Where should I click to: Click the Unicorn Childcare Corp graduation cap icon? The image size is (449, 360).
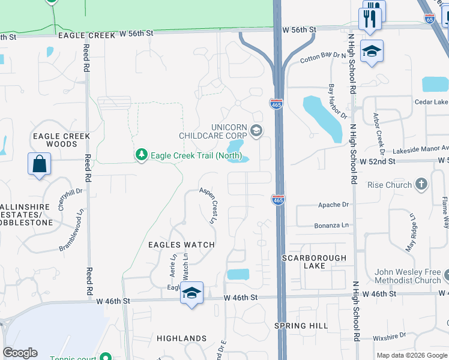click(x=256, y=131)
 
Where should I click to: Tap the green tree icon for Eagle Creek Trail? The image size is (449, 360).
click(x=142, y=155)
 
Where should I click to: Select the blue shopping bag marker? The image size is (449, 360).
click(x=39, y=164)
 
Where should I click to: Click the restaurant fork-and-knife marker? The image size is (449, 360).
click(x=370, y=19)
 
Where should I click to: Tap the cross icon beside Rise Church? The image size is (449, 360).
click(x=421, y=184)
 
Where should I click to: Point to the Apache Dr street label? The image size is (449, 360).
click(x=333, y=205)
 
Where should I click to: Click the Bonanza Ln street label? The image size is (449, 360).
click(x=331, y=226)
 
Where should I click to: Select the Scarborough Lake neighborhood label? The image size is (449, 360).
click(x=315, y=262)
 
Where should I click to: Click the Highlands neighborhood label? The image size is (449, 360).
click(x=182, y=338)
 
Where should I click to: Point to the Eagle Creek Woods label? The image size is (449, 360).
click(x=62, y=140)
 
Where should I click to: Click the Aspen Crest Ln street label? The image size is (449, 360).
click(x=209, y=205)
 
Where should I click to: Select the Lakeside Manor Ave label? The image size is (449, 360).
click(x=420, y=149)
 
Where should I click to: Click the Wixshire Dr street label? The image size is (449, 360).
click(x=388, y=337)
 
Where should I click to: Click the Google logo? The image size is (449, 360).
click(x=20, y=353)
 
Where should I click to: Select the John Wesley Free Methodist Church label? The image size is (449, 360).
click(x=408, y=276)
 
